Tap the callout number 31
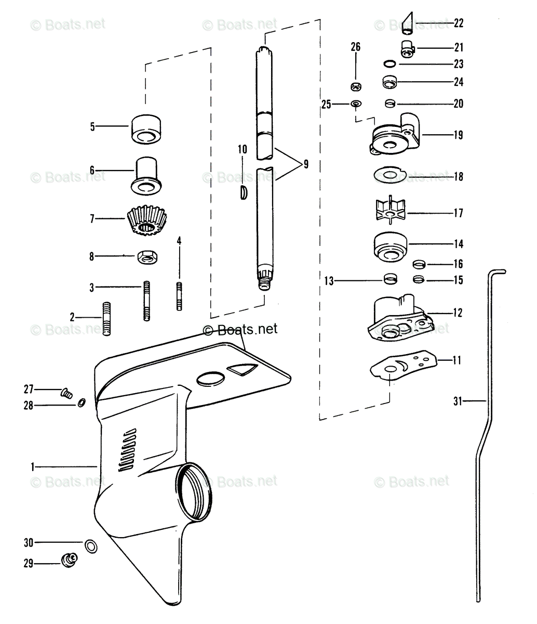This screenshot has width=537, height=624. click(457, 401)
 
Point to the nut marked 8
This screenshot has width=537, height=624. click(147, 256)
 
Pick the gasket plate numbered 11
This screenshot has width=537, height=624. click(401, 365)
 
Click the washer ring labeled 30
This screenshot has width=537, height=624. click(90, 545)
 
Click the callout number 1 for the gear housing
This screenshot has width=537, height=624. click(33, 467)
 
